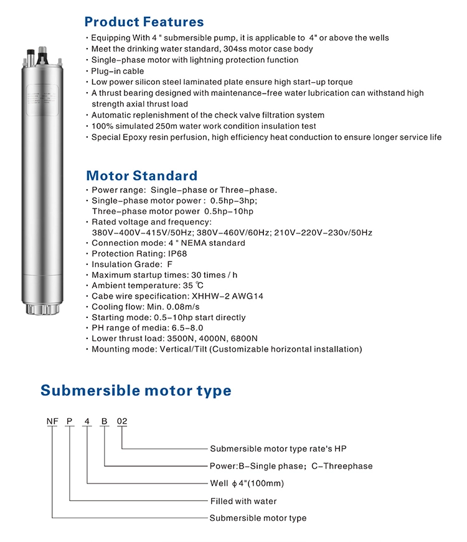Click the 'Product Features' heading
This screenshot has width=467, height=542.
coord(144,22)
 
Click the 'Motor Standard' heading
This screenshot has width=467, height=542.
coord(141,175)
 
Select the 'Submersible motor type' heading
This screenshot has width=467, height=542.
coord(136,390)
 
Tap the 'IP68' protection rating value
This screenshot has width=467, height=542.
coord(174,254)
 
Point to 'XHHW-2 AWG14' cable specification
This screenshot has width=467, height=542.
coord(228,296)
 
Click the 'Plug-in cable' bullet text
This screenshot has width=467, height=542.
coord(118,71)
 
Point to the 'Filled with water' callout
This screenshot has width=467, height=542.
coord(243,501)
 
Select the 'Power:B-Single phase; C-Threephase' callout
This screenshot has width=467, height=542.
coord(291,466)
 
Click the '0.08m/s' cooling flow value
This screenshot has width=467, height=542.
coord(182,307)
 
